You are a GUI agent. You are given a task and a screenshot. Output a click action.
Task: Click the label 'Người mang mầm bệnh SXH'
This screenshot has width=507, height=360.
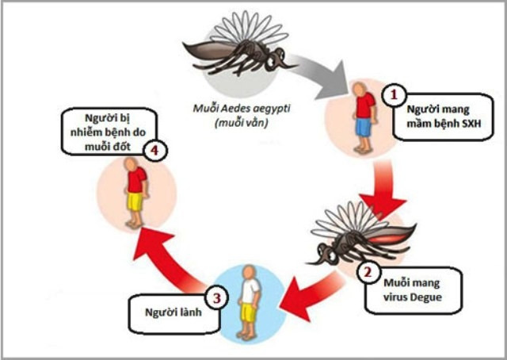443,117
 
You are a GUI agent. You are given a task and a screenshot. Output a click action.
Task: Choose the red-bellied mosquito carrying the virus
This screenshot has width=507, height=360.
360,234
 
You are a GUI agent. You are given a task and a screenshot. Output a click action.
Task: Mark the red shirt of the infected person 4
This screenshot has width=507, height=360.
135,182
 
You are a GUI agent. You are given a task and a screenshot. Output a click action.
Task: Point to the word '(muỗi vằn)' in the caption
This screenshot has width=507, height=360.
238,124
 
